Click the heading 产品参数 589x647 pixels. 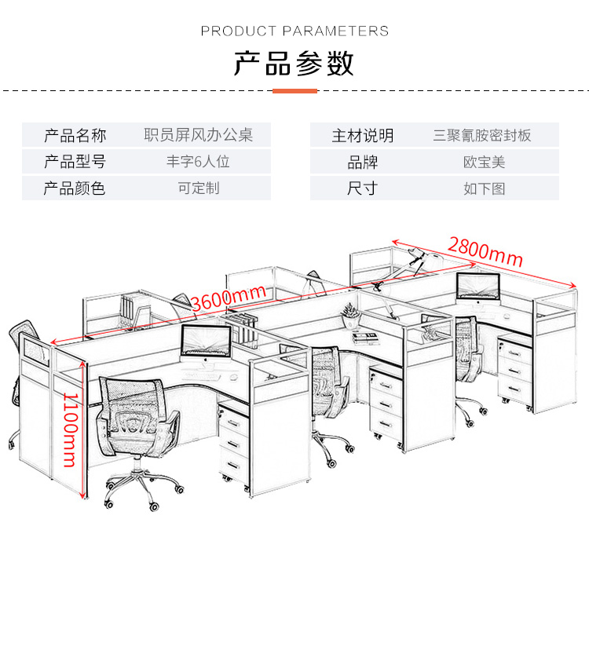click(294, 63)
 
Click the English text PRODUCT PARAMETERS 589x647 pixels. click(294, 31)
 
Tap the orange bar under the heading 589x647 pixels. click(294, 91)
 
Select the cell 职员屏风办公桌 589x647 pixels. click(198, 135)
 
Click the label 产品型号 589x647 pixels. click(75, 162)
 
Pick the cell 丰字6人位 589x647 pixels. click(198, 162)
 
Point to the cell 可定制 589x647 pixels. click(198, 188)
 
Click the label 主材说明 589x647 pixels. click(362, 135)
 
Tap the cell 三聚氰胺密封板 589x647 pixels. click(482, 135)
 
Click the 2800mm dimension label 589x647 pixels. click(485, 250)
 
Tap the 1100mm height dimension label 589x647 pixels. click(70, 427)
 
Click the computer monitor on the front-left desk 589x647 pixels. click(206, 342)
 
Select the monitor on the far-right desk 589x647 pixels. click(478, 287)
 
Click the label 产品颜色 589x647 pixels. click(75, 188)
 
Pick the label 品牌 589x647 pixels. click(362, 162)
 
